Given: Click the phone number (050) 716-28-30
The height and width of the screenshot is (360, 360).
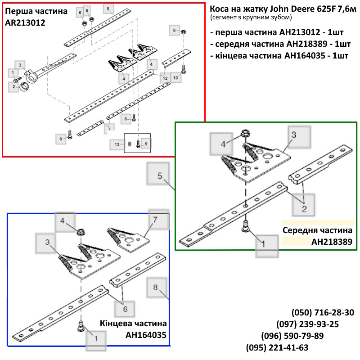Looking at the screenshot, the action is [323, 312].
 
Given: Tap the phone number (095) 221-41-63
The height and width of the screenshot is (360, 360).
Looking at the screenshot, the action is [277, 347].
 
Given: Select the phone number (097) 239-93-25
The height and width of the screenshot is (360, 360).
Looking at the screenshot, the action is [307, 324].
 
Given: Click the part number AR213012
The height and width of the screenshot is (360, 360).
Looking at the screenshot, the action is [25, 23].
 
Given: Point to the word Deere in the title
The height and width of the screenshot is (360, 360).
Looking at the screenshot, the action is [300, 9].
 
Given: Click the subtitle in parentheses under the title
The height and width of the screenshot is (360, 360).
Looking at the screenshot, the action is [251, 18].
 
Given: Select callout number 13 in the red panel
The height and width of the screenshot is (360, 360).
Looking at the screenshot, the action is [117, 144].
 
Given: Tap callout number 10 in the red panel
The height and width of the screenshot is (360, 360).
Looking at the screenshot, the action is [175, 78].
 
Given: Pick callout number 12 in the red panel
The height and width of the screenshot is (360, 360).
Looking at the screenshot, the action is [165, 78].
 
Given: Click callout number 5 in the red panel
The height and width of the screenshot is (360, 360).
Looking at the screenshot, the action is [108, 9].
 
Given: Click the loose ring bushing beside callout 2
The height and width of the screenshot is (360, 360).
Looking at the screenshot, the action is [24, 87].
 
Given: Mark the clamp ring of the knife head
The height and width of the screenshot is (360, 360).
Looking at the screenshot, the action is [31, 76].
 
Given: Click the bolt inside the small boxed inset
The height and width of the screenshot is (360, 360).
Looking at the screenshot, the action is [138, 144].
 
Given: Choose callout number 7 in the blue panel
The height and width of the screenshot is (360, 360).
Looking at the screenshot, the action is [155, 220].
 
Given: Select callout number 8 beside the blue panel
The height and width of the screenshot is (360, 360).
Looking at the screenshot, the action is [155, 287].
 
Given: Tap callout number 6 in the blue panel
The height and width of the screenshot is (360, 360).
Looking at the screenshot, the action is [125, 309].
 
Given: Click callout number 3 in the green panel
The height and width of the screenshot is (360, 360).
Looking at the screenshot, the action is [294, 135].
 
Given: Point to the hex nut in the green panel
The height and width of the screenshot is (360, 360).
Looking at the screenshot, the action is [244, 133].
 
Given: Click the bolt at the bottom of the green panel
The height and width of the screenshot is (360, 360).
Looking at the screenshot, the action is [246, 226].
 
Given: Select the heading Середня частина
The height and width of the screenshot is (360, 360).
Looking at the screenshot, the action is [317, 230].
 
